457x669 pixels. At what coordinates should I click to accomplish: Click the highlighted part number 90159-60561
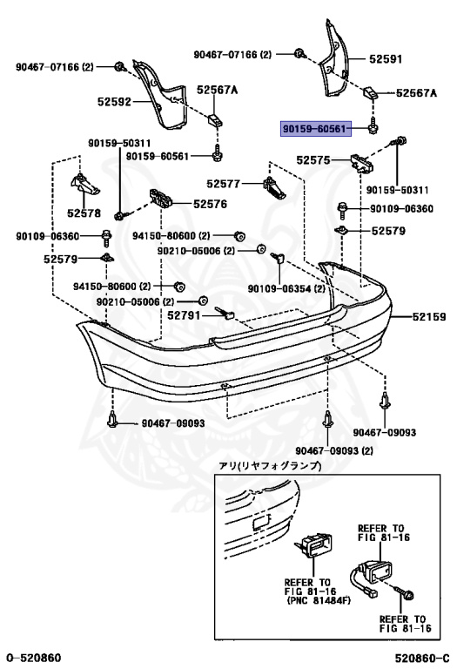(x=315, y=128)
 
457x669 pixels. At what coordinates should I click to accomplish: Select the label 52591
(x=386, y=59)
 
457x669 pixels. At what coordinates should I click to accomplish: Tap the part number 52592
(x=114, y=102)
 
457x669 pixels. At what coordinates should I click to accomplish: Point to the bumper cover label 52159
(x=429, y=316)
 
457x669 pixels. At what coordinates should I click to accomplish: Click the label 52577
(x=224, y=184)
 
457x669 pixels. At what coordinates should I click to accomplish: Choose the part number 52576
(x=210, y=204)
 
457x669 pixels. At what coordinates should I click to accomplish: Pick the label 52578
(x=84, y=213)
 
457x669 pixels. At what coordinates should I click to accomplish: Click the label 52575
(x=313, y=160)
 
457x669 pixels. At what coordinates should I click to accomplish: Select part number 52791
(x=184, y=315)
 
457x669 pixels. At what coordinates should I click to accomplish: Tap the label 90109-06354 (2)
(x=286, y=289)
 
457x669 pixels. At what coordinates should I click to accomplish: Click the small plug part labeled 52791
(x=225, y=314)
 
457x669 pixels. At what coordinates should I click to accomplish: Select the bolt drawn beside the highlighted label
(x=373, y=125)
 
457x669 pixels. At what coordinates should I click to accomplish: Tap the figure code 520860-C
(x=422, y=659)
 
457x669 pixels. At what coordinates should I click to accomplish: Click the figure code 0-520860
(x=34, y=658)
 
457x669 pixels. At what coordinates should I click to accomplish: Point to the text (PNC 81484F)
(x=319, y=601)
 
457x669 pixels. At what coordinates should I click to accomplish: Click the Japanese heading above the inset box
(x=270, y=465)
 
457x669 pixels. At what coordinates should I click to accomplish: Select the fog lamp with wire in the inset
(x=371, y=578)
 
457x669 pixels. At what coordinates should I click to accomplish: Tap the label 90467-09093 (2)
(x=334, y=450)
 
